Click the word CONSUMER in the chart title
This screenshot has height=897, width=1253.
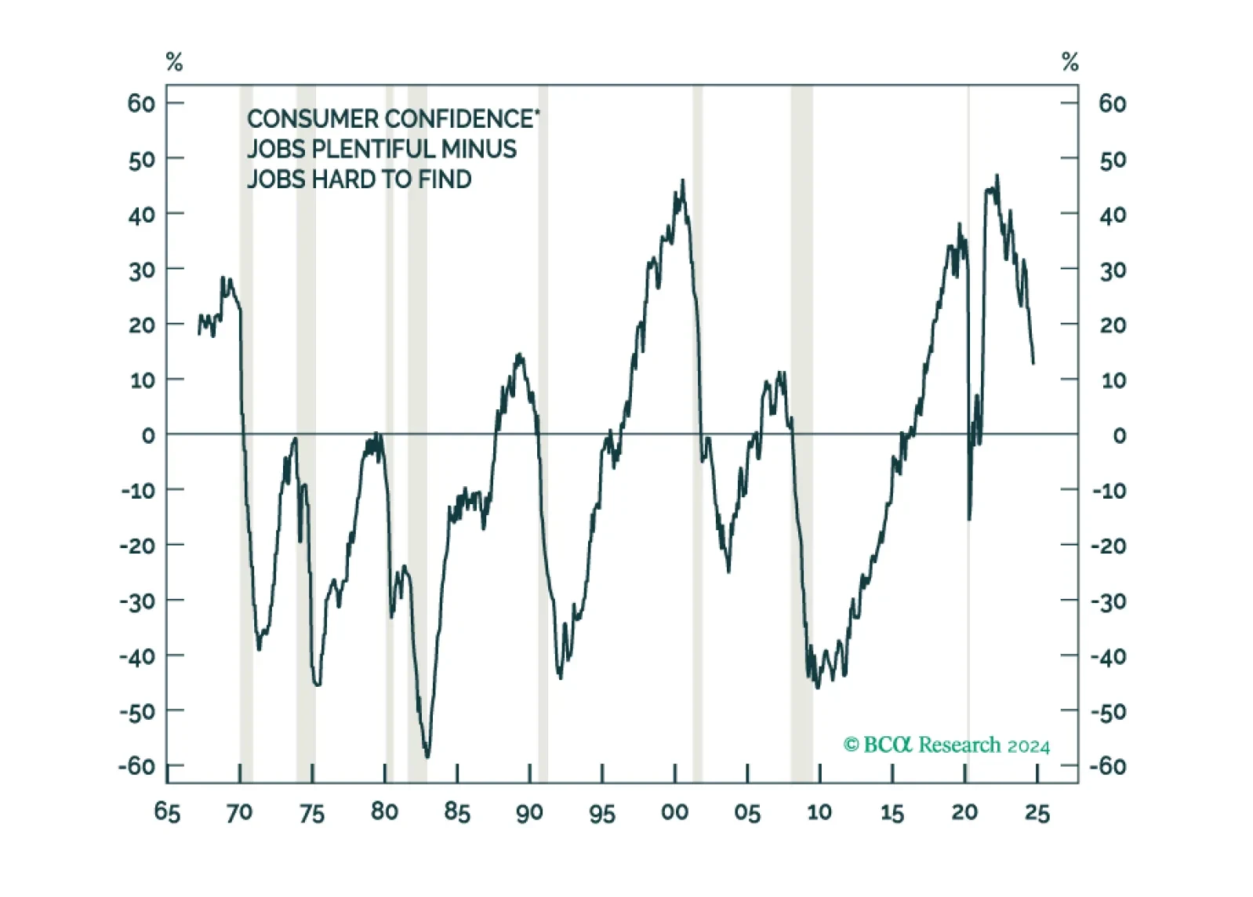[314, 119]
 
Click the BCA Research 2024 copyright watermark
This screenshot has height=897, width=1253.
[946, 745]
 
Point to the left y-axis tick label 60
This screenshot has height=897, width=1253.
[141, 103]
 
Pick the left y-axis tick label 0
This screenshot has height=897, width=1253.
[148, 435]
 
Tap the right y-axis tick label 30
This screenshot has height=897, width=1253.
[1113, 270]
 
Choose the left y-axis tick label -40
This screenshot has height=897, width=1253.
[137, 655]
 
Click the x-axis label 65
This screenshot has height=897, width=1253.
[167, 812]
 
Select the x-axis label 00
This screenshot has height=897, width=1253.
[674, 812]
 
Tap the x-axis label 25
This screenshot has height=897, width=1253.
[1037, 812]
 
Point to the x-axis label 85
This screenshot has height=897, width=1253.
[457, 812]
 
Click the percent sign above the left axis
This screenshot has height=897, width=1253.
[175, 62]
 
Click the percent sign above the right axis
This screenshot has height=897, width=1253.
[1070, 62]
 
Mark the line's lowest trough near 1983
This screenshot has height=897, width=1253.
[428, 757]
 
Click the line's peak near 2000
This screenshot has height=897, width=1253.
[682, 180]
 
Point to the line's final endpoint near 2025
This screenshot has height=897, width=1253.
[1033, 364]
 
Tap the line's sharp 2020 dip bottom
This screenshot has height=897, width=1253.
[969, 520]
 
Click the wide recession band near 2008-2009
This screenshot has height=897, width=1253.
[801, 434]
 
